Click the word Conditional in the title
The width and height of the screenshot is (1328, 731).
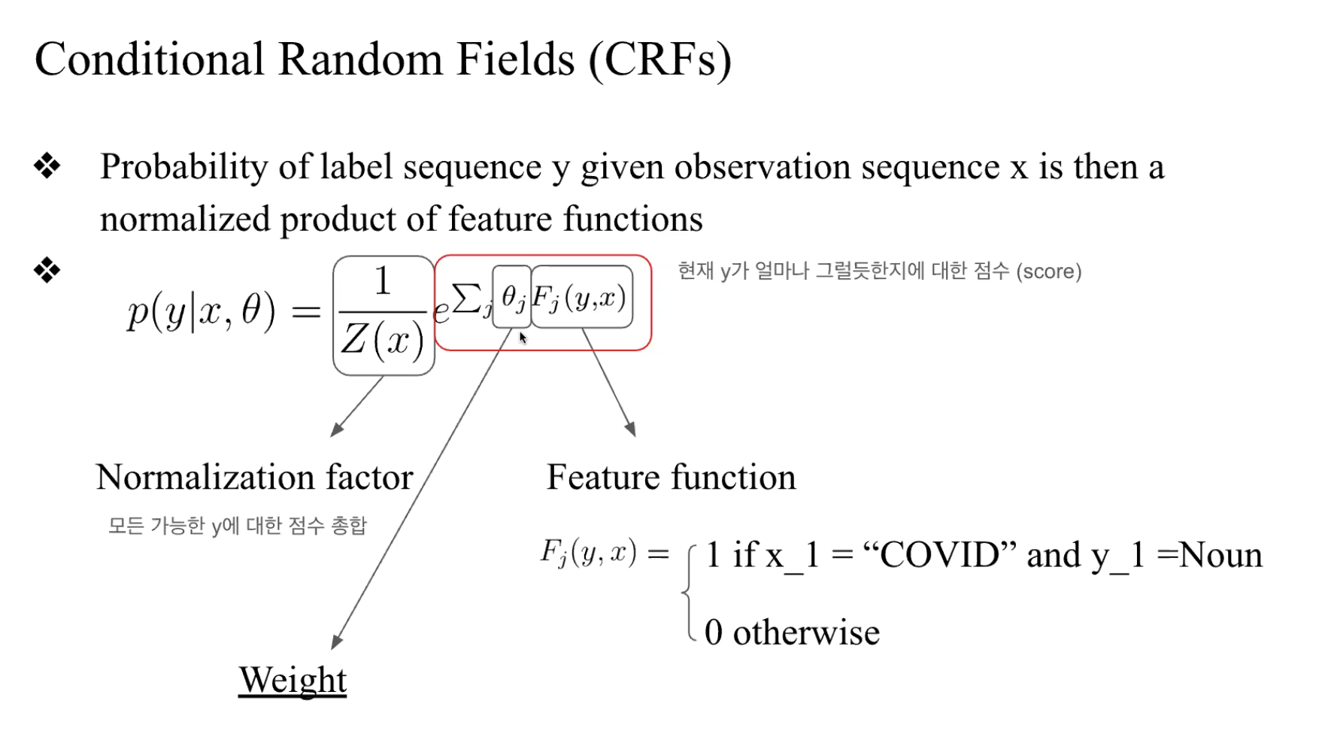(149, 60)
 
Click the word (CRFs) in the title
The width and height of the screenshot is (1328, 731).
(659, 60)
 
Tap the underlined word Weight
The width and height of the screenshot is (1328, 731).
(293, 680)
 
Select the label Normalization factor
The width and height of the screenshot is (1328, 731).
(254, 478)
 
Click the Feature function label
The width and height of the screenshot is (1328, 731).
(671, 478)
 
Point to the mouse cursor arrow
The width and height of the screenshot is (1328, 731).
(523, 338)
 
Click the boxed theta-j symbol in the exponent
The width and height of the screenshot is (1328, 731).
(512, 297)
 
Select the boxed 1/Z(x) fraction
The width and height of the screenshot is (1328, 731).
(384, 315)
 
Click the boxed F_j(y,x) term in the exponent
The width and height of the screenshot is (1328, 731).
(581, 297)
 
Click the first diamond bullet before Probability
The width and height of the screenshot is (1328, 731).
(47, 166)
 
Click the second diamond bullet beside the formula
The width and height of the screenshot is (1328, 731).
(47, 270)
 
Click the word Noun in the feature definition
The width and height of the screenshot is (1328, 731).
(1220, 556)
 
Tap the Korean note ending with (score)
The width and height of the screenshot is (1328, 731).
(879, 271)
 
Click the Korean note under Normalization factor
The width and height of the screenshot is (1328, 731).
(237, 525)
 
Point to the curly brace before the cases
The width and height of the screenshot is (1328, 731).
(688, 593)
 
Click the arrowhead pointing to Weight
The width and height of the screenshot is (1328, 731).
(336, 642)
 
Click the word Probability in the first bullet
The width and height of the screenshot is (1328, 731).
(183, 167)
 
